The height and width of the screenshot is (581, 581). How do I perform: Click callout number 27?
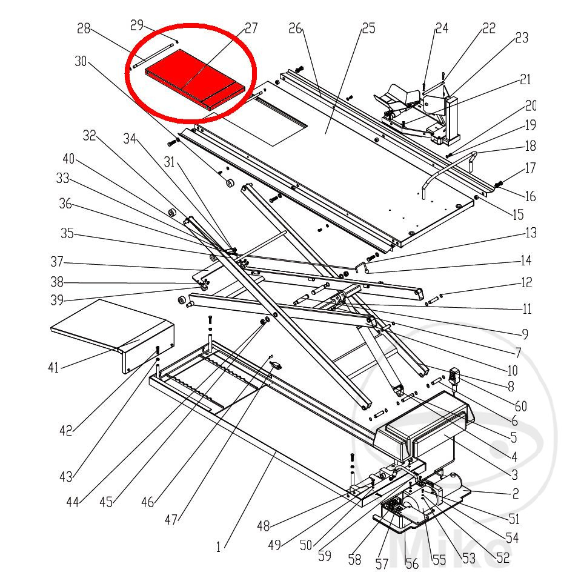[x=251, y=28]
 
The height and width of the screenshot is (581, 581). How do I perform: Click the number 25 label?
[x=368, y=28]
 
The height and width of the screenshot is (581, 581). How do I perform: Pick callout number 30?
[x=81, y=61]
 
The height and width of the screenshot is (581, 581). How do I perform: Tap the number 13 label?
[x=531, y=233]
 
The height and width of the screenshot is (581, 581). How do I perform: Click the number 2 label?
[x=516, y=494]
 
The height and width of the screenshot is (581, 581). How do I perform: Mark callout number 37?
[x=57, y=263]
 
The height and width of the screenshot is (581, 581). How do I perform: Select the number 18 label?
[x=531, y=146]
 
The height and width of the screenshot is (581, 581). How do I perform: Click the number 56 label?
[x=412, y=563]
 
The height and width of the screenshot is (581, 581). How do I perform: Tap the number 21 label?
[x=525, y=79]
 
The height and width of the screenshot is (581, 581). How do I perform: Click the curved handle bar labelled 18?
[x=445, y=168]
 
